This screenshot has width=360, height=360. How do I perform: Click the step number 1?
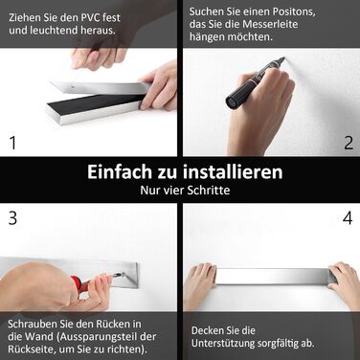point(12,143)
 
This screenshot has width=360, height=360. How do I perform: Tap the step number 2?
point(349,143)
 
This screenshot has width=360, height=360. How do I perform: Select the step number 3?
point(12,218)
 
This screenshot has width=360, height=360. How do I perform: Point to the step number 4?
point(348,218)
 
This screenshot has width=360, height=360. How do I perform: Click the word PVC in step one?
point(92,17)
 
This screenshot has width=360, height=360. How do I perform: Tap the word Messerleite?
point(269,24)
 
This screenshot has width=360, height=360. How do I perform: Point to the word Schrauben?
point(33,324)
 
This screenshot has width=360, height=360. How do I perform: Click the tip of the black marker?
point(283,58)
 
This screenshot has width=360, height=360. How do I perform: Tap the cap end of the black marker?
point(233,101)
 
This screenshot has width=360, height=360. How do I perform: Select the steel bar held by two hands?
point(272,277)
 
